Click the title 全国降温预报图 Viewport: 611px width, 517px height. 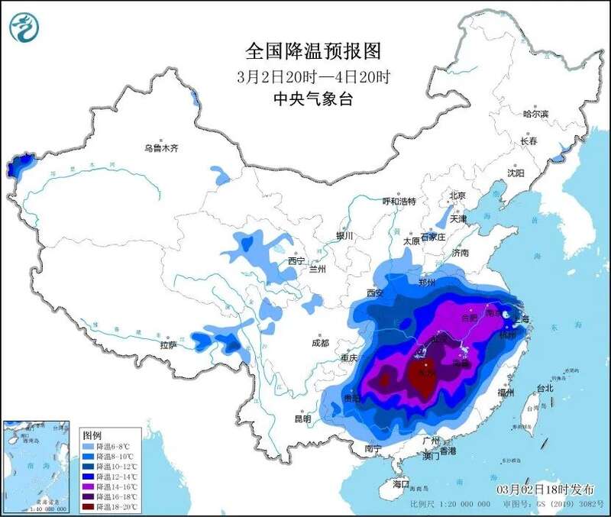313,51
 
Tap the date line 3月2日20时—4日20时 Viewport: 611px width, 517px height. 313,76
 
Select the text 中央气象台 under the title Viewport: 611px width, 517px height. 313,99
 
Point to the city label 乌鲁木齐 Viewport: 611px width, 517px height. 161,149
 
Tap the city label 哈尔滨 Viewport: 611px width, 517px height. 535,114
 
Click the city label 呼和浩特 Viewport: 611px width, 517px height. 399,201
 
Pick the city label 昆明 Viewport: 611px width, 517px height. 302,418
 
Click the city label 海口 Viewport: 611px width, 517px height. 402,484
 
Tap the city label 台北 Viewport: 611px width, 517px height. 544,388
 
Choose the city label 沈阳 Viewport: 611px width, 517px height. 516,173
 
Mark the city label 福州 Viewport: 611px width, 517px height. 506,393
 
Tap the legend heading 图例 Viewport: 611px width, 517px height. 92,434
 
